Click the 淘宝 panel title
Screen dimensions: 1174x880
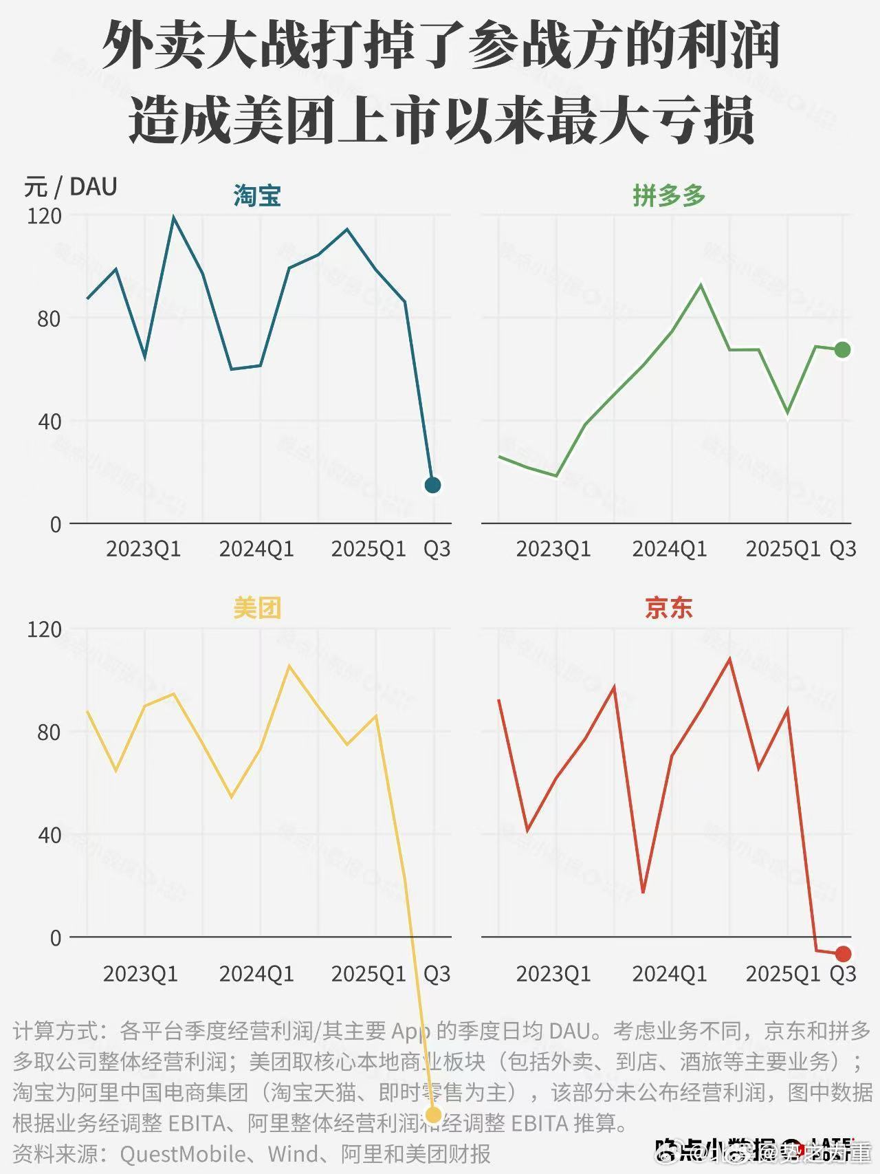(257, 196)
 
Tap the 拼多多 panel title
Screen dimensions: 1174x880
(669, 196)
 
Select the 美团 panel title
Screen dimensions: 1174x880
(257, 608)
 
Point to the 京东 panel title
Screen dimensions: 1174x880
(669, 608)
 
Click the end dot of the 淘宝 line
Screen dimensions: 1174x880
(432, 485)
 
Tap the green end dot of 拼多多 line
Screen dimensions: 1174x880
(843, 350)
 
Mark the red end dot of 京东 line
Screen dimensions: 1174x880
(844, 954)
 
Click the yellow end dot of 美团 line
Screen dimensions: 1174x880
(434, 1115)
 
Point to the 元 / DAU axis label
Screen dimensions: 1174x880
(71, 187)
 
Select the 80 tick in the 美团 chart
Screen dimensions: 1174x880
(49, 732)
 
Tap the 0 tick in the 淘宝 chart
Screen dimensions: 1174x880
(56, 525)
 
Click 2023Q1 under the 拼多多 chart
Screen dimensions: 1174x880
(553, 549)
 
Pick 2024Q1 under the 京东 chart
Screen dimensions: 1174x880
(670, 974)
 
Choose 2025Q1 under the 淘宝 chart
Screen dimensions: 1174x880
(368, 549)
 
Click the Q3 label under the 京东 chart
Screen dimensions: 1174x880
(843, 974)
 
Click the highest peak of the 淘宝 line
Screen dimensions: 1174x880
(174, 217)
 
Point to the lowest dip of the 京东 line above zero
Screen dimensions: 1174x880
(643, 892)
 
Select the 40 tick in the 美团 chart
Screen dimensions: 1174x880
(49, 836)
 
